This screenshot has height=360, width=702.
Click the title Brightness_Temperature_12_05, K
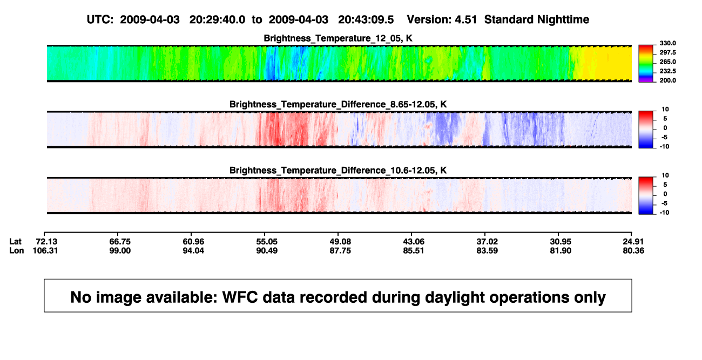(x=338, y=38)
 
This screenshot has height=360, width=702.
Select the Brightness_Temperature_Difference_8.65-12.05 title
(x=338, y=104)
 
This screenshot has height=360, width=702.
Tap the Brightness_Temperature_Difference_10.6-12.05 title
(x=338, y=171)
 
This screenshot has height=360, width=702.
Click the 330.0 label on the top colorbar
(x=667, y=43)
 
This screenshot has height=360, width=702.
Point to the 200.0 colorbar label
(x=667, y=80)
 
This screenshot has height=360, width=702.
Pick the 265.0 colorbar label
(x=667, y=62)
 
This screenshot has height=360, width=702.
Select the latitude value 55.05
(x=267, y=242)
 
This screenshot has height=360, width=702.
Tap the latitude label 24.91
(x=633, y=242)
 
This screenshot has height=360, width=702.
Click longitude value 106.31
(x=45, y=250)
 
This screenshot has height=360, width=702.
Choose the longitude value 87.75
(x=340, y=250)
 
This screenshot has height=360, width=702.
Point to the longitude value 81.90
(x=561, y=250)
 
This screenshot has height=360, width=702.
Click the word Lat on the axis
(x=15, y=242)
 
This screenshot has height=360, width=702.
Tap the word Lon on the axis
(x=16, y=250)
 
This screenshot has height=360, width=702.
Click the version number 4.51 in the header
(x=465, y=19)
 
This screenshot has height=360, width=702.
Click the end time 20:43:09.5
(x=366, y=19)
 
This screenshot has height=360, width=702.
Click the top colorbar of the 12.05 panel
(x=646, y=64)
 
